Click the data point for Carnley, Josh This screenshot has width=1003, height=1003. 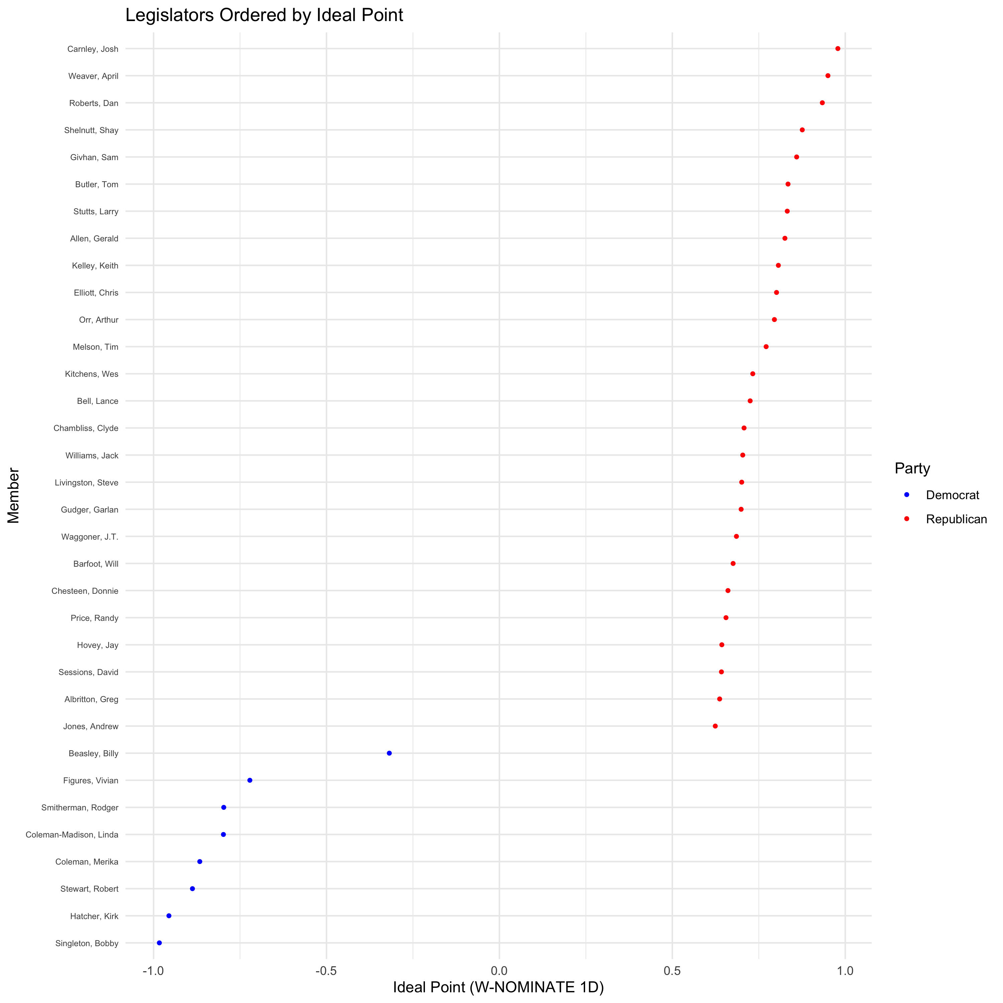tap(838, 49)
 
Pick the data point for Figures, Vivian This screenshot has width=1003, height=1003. tap(250, 780)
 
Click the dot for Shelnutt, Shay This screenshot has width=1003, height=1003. tap(802, 130)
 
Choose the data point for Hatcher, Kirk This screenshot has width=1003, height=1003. tap(169, 916)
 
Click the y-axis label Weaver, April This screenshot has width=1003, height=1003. tap(94, 76)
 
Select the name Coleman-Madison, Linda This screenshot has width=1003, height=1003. tap(72, 835)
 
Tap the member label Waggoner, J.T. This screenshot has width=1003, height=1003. tap(90, 537)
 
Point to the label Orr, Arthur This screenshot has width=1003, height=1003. tap(99, 320)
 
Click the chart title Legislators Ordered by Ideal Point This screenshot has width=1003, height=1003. tap(264, 15)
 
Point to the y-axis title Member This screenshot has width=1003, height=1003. tap(13, 496)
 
